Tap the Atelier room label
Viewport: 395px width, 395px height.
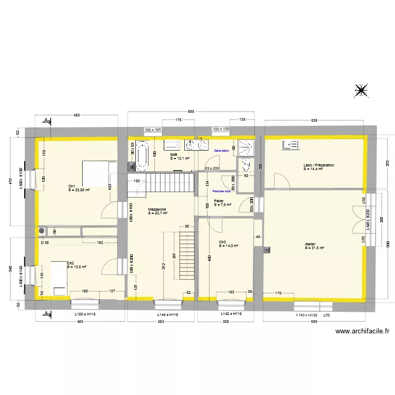click(x=310, y=244)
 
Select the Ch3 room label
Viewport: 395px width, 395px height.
click(x=223, y=242)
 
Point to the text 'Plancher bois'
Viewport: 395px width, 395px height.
click(x=222, y=191)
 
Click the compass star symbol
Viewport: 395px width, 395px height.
click(x=361, y=91)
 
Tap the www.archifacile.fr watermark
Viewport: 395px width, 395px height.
click(x=362, y=331)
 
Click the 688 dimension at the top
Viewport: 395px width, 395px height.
click(x=191, y=111)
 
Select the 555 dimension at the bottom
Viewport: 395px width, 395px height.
click(x=314, y=321)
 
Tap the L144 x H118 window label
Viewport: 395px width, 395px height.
click(x=169, y=314)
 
